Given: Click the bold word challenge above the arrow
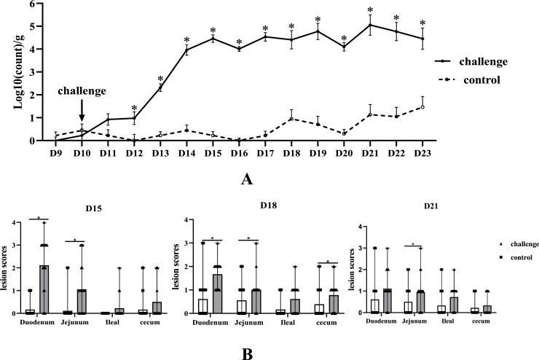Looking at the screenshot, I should pos(82,92).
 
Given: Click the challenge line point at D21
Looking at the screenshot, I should pos(370,25).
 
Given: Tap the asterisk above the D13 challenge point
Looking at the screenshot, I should pos(160,77).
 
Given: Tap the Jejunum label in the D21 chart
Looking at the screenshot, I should pos(414,321).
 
